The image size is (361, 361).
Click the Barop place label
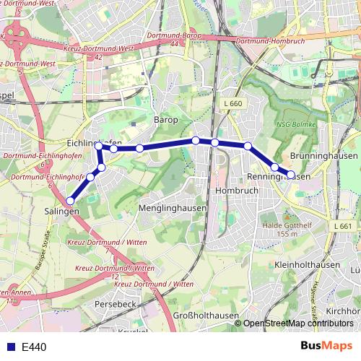click(x=165, y=119)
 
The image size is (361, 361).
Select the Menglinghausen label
click(x=172, y=208)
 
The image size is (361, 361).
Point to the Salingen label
click(x=61, y=211)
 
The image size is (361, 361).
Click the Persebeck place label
click(x=115, y=304)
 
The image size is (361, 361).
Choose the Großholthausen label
click(x=198, y=315)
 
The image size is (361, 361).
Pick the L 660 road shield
click(x=233, y=104)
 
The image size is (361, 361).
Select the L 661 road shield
click(x=344, y=226)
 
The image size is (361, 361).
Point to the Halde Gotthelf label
click(x=287, y=229)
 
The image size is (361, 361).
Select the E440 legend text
click(x=34, y=347)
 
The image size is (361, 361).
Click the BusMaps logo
click(x=326, y=346)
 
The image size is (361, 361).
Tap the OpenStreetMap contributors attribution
click(x=297, y=323)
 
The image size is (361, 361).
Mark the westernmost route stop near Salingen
click(x=71, y=201)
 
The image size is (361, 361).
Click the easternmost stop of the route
click(x=291, y=174)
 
